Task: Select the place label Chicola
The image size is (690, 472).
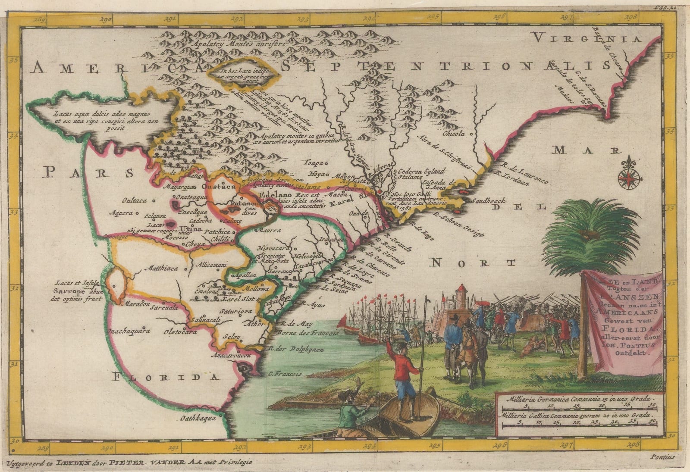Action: tap(452, 133)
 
